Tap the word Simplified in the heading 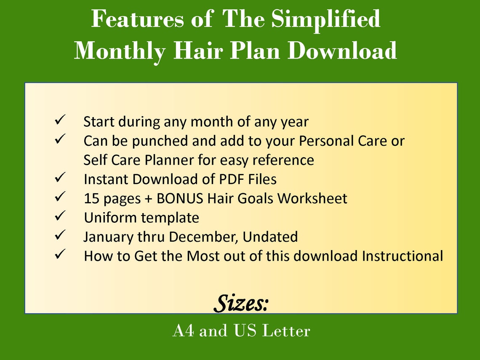point(325,19)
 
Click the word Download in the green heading point(342,51)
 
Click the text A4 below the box point(183,331)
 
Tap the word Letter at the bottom point(286,331)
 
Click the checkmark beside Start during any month point(59,121)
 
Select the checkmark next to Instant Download point(59,178)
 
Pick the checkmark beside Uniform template point(59,216)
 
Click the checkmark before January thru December point(59,235)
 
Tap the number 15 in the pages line point(91,198)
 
